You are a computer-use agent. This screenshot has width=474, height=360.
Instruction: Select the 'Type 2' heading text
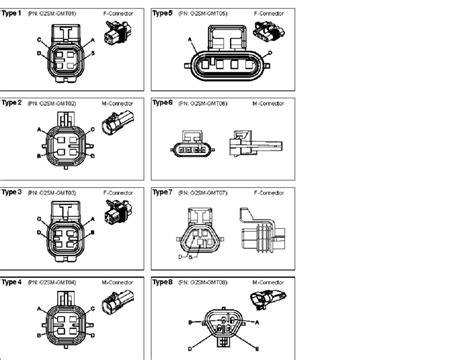click(x=14, y=102)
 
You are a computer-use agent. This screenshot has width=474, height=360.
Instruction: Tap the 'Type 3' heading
click(x=14, y=191)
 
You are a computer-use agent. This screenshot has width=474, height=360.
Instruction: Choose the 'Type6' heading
click(x=162, y=102)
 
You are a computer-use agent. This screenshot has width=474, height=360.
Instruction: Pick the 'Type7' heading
click(x=162, y=191)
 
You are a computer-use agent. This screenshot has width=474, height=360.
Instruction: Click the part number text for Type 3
click(x=56, y=191)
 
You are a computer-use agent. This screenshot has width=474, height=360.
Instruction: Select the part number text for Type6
click(x=204, y=102)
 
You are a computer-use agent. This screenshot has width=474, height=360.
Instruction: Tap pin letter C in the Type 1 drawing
click(x=38, y=40)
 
